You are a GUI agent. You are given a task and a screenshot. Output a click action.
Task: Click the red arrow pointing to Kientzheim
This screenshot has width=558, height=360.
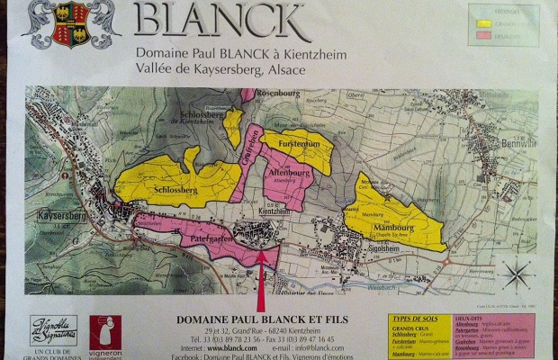click(x=261, y=279)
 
